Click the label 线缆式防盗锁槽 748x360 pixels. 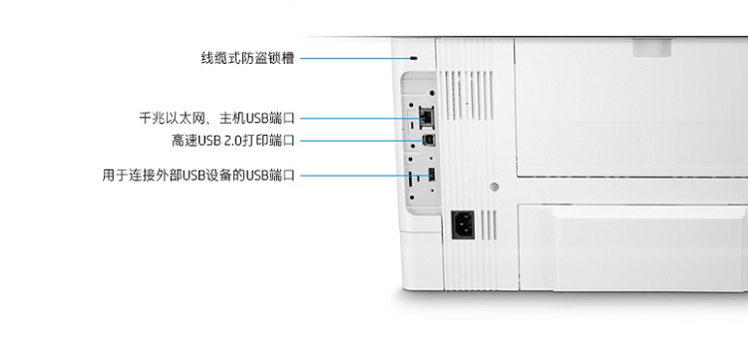247,59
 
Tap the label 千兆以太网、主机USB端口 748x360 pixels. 217,119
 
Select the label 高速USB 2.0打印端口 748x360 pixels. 233,141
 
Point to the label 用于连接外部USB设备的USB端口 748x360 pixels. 198,176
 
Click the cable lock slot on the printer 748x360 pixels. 414,58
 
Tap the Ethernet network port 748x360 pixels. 426,117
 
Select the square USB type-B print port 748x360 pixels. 428,141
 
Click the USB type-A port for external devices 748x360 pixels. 431,175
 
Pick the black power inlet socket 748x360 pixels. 463,225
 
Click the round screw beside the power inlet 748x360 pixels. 495,187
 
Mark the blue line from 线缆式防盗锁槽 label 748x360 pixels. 355,59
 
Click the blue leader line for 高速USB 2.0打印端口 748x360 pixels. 363,141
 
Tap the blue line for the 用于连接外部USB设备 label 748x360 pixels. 365,176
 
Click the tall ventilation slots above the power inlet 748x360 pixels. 466,96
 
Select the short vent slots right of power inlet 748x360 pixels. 489,225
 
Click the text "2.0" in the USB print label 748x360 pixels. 232,142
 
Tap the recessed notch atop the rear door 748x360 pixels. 651,48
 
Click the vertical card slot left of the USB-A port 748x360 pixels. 411,180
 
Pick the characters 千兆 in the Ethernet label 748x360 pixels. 153,119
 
